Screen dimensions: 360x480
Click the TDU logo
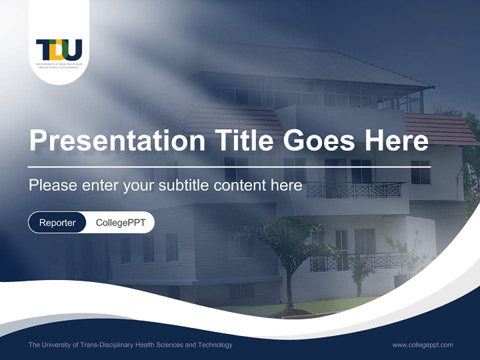click(59, 50)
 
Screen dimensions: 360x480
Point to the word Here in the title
click(396, 140)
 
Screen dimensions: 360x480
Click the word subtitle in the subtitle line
click(183, 185)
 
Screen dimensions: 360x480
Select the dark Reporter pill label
click(57, 222)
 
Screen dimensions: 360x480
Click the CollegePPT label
click(120, 222)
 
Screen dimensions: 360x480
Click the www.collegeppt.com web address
click(422, 344)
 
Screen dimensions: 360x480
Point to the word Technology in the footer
click(215, 344)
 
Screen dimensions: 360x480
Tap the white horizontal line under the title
click(229, 166)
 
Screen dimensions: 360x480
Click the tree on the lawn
click(287, 245)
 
